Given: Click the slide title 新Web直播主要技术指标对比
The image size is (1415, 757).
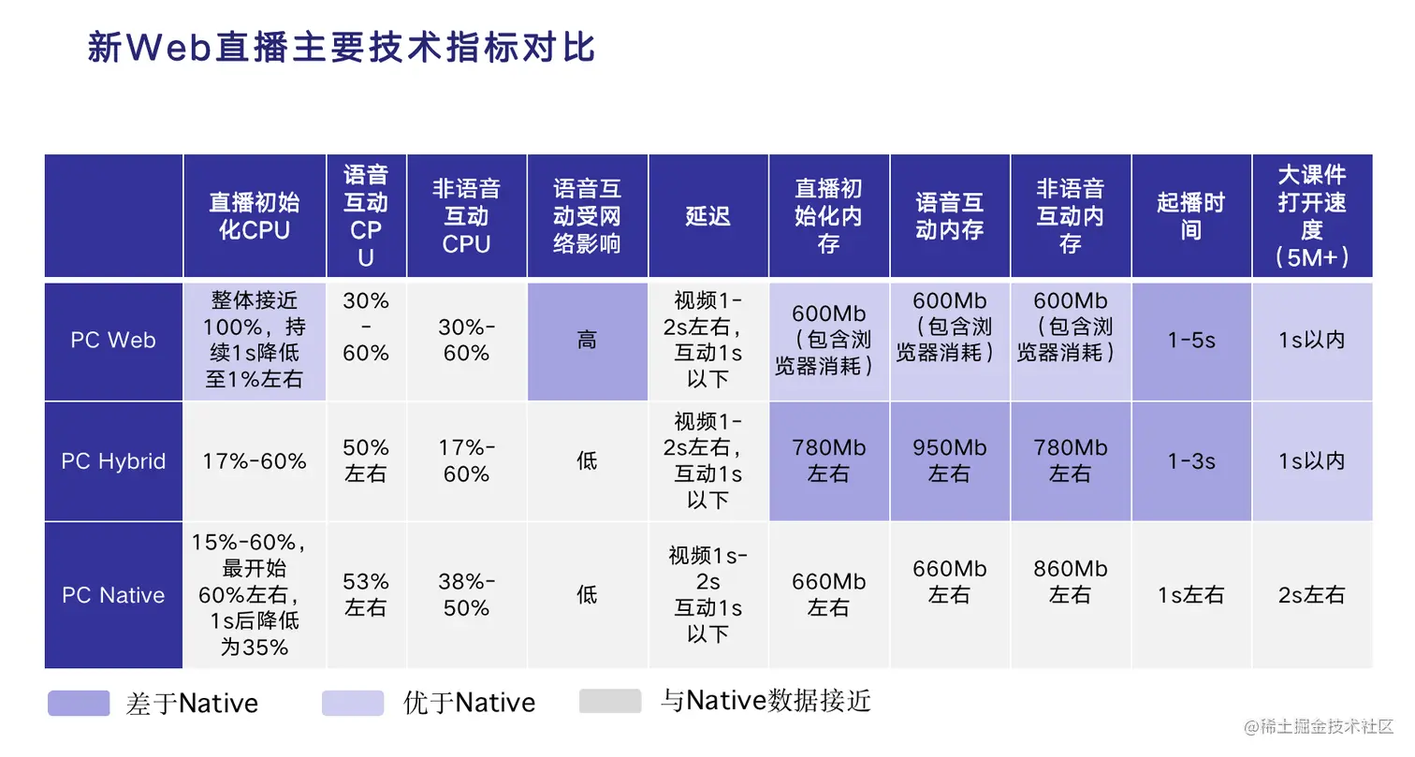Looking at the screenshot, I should point(341,48).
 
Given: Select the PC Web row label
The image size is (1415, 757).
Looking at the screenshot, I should point(113,340).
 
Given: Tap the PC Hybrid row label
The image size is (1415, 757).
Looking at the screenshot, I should point(113,461).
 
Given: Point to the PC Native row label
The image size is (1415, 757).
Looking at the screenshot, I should point(113,595).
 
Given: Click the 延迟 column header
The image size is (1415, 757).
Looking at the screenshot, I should point(707,216).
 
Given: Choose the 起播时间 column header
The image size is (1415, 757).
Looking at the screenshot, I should point(1190,216).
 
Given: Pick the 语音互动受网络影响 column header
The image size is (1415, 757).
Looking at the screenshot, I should point(587,216).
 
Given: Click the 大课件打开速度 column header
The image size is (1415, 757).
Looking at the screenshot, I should point(1312,216).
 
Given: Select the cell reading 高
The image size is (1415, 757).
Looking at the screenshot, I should point(587,340).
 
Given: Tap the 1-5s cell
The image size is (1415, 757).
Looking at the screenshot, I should point(1190,340).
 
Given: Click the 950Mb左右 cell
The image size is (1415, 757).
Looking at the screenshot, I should point(949,460).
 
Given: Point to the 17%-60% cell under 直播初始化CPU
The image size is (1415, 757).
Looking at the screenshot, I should point(255,461).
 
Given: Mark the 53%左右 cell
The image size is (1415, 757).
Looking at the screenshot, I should point(365,594).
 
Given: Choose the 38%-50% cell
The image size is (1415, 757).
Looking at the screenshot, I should point(466,594).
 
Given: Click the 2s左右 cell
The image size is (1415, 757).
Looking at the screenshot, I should point(1312,595).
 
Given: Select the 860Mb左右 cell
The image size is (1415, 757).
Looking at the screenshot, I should point(1070,581).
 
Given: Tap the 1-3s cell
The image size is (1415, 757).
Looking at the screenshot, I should point(1190,461).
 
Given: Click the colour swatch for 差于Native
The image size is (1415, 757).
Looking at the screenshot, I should point(79,703).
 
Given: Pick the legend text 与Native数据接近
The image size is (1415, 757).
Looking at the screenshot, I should point(766,701).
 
